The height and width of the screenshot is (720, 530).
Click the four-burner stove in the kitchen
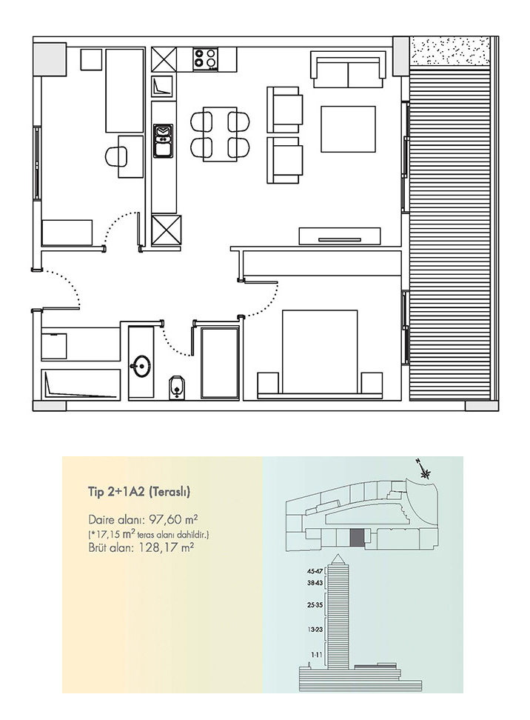click(x=205, y=59)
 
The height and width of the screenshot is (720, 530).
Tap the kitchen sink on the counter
click(x=163, y=141)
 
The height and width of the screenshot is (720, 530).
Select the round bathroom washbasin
click(x=141, y=366)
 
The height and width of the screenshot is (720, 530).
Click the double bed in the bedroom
click(x=320, y=352)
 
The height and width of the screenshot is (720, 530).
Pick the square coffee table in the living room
click(x=349, y=129)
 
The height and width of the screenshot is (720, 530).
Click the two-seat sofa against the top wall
click(x=349, y=69)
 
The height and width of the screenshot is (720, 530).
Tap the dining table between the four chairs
click(x=221, y=134)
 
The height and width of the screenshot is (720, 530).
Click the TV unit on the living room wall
click(x=340, y=236)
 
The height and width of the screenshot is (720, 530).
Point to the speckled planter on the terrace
click(x=450, y=51)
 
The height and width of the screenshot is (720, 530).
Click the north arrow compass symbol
click(x=424, y=470)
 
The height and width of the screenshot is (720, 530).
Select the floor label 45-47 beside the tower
click(x=316, y=572)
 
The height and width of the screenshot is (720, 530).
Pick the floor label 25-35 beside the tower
click(x=315, y=604)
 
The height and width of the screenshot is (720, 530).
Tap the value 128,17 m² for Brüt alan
click(x=166, y=547)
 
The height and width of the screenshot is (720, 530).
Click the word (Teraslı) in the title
click(x=170, y=492)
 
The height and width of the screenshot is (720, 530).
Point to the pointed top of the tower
click(x=338, y=555)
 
